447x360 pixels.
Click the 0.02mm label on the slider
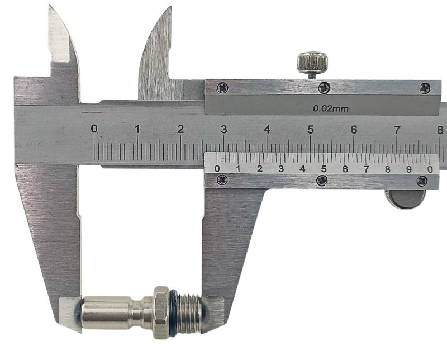tap(331, 108)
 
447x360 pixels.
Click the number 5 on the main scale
tap(311, 130)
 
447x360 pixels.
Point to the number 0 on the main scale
tap(94, 129)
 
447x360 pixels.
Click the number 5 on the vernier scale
tap(324, 169)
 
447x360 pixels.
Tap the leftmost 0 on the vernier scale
tap(217, 169)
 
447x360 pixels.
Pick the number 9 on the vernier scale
tap(409, 169)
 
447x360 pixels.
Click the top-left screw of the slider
tap(222, 88)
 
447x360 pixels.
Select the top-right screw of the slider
tap(425, 88)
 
